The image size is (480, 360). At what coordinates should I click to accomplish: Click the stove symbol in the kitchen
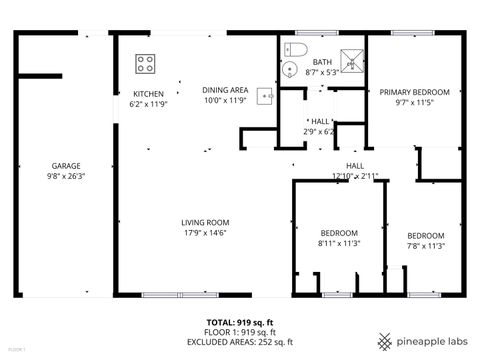coord(145,64)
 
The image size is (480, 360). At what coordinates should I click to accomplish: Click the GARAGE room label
coord(66,166)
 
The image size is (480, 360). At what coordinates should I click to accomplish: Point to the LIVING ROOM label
coord(205,222)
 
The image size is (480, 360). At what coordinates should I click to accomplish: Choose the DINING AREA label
coord(224,89)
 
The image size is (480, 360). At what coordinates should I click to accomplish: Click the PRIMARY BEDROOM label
coord(414,92)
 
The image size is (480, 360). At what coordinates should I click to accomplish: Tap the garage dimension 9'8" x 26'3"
coord(66,176)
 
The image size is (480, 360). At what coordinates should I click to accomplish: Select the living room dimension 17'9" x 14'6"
coord(205,233)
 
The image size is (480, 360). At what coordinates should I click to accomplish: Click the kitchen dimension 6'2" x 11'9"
coord(149,104)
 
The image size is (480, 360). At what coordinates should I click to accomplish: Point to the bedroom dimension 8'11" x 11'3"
coord(339,243)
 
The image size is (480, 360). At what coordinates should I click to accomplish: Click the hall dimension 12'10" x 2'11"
coord(355,176)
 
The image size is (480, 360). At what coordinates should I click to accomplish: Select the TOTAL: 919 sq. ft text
coord(241,322)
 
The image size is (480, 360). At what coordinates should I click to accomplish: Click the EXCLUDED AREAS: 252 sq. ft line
coord(241,340)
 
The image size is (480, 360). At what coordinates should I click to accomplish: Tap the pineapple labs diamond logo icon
coord(385,339)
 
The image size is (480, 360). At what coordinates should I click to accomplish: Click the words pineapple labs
coord(430,339)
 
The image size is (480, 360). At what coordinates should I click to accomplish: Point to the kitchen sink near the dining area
coord(264,96)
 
